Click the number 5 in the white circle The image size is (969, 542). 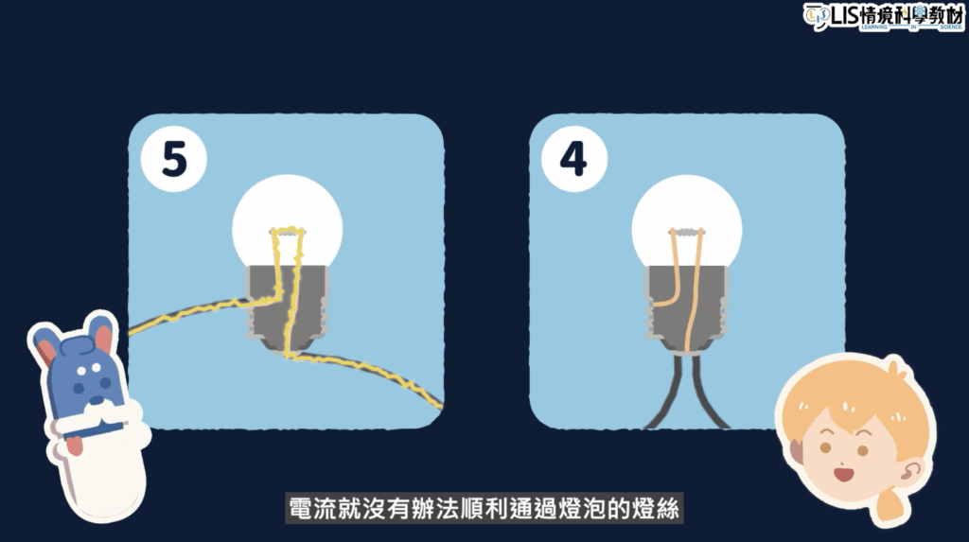174,159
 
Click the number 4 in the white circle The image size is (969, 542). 573,159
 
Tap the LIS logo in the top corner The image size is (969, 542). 884,16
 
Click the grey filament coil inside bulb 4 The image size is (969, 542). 687,233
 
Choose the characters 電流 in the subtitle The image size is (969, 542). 314,509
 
